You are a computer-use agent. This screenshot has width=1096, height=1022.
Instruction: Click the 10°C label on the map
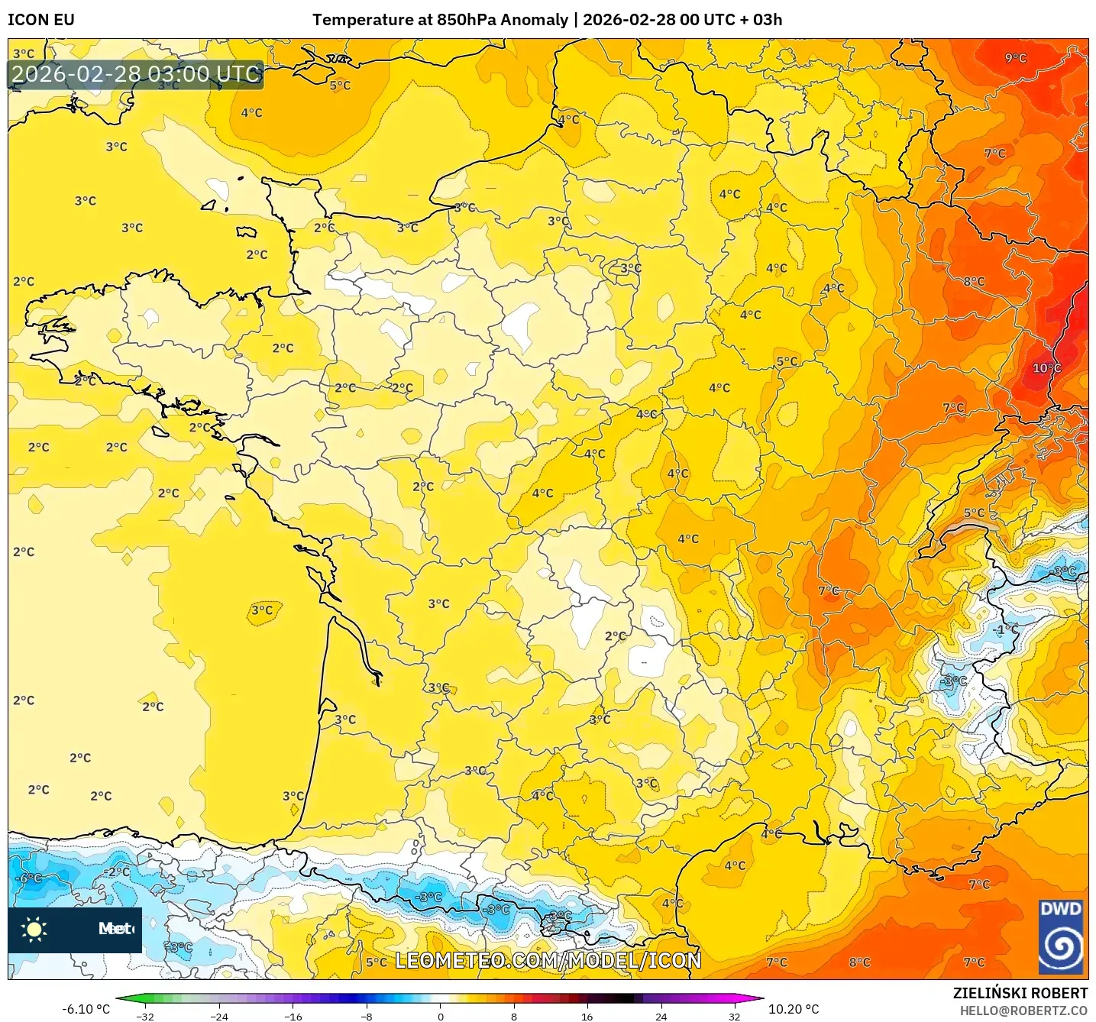(1046, 367)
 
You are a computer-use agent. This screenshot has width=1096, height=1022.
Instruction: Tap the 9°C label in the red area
(1015, 58)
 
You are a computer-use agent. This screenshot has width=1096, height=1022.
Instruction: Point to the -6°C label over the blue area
(29, 878)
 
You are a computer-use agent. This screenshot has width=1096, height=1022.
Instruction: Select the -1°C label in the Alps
(1006, 629)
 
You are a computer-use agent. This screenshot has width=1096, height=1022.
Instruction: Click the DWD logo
(1061, 937)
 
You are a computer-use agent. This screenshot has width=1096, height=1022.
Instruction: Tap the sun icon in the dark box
(34, 929)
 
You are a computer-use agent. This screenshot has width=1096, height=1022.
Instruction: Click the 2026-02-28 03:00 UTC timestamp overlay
(136, 74)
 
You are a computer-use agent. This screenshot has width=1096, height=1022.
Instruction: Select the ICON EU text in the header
(41, 20)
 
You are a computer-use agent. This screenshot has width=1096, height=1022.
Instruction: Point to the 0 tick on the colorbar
(440, 1016)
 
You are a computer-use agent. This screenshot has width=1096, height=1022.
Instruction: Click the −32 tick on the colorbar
(145, 1016)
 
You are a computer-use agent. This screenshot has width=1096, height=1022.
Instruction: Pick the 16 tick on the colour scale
(587, 1016)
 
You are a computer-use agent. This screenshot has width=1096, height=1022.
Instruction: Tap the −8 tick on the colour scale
(367, 1016)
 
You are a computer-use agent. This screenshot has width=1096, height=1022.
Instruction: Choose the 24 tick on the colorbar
(661, 1016)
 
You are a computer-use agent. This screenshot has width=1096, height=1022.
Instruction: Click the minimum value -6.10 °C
(86, 1009)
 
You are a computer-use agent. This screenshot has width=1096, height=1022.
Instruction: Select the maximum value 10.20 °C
(794, 1009)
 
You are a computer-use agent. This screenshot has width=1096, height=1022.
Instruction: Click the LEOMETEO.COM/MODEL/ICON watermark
(548, 960)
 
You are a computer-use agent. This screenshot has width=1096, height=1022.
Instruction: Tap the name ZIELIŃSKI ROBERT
(1020, 993)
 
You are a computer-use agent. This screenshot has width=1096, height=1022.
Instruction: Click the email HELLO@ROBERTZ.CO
(1023, 1011)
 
